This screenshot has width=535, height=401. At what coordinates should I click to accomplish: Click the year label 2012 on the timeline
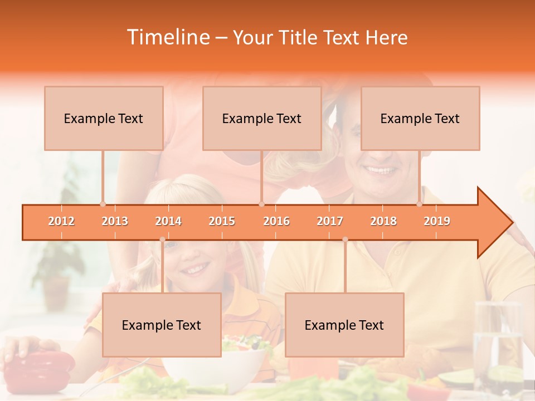61,221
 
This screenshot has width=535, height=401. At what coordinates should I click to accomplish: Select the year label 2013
115,221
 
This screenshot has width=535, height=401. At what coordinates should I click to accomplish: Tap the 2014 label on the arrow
168,221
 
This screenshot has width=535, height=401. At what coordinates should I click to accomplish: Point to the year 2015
222,221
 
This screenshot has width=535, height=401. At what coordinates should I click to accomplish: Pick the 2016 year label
276,221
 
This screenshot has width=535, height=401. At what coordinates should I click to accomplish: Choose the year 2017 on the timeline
330,221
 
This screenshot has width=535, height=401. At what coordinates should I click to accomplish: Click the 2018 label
383,221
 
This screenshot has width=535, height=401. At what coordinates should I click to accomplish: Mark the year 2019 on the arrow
437,221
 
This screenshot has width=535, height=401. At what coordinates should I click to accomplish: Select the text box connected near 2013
104,118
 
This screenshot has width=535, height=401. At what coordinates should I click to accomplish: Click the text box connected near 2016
262,118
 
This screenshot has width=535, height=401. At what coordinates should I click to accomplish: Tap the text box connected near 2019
420,118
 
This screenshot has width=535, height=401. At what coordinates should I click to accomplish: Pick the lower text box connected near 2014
162,325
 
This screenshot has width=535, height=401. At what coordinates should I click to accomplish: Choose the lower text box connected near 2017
344,325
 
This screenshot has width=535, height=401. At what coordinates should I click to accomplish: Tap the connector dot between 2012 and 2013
103,204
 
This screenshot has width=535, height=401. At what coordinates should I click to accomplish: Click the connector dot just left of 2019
420,204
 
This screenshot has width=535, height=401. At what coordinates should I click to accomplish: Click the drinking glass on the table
498,345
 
